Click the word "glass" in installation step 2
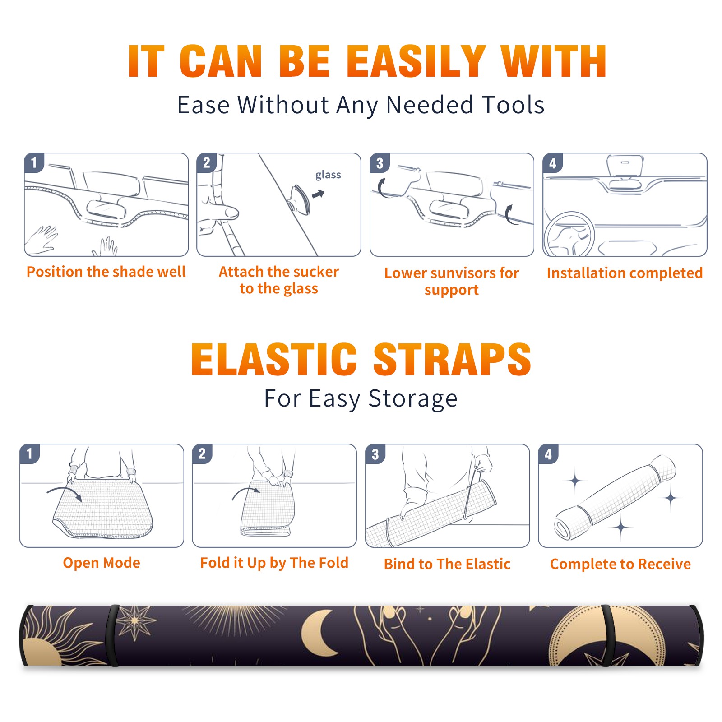tap(328, 175)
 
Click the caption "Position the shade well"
tap(106, 272)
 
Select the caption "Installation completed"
tap(625, 273)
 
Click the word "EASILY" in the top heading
tap(416, 61)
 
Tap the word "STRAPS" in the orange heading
tap(452, 359)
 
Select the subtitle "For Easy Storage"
tap(361, 399)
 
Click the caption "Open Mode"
tap(102, 563)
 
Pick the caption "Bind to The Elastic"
tap(447, 564)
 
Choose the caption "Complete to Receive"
tap(620, 564)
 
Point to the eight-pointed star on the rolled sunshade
tap(135, 622)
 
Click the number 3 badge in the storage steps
tap(375, 454)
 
